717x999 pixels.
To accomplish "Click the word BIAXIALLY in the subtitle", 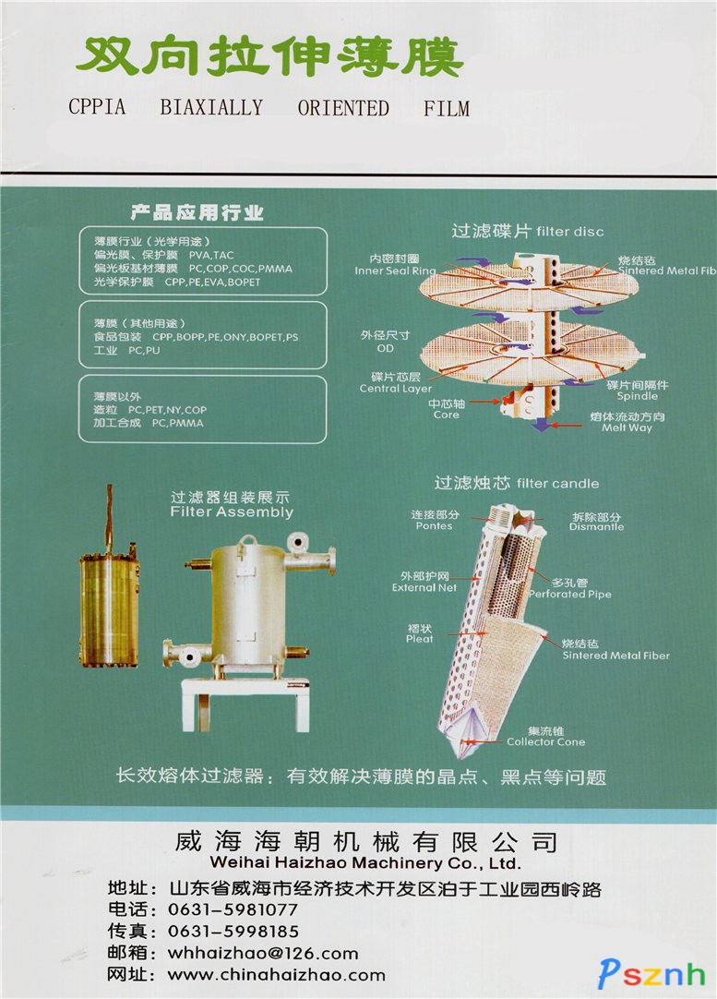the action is (x=210, y=108).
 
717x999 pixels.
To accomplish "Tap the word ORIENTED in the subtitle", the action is (x=343, y=108).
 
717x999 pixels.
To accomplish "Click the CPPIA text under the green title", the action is (x=97, y=107).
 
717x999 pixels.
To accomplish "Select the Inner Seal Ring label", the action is (x=396, y=271).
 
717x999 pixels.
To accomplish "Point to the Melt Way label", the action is (x=627, y=427).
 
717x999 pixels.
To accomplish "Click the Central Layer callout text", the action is (x=396, y=389).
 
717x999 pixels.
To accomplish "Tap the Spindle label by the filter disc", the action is (x=638, y=396).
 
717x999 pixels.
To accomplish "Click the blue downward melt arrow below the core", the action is (x=541, y=424).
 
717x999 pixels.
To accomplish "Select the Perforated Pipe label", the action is (x=570, y=594).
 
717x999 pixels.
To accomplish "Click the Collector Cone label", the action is (x=545, y=741).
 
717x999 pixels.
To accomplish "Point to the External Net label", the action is (x=424, y=587).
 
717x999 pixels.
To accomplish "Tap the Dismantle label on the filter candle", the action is (x=597, y=527).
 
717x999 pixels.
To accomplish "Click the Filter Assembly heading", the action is (x=232, y=512).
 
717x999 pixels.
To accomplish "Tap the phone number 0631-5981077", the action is (x=233, y=909).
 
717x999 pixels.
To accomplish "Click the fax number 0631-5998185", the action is (x=233, y=932).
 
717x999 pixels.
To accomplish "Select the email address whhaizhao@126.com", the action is (x=263, y=953).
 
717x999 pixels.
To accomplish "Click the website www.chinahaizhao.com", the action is (x=276, y=975).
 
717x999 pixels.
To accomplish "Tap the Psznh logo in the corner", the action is (x=651, y=974).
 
